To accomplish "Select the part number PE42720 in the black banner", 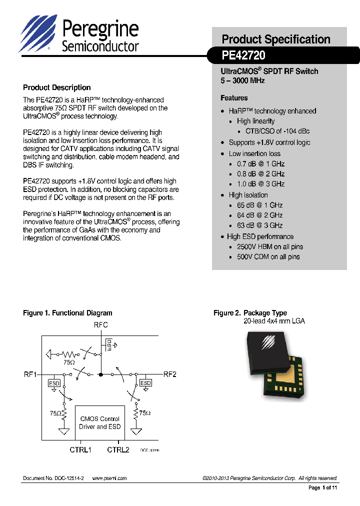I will tap(243, 55).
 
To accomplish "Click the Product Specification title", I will tap(275, 39).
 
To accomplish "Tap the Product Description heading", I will tap(57, 87).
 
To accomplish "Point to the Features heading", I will tap(234, 98).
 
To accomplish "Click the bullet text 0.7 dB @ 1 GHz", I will tap(260, 164).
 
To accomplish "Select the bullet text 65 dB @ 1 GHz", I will tap(259, 205).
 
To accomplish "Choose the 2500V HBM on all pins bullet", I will tap(269, 246).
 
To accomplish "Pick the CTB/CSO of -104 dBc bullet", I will tap(277, 131).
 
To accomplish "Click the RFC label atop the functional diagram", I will tap(100, 325).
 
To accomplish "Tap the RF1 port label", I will tap(30, 374).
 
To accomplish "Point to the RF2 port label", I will tap(170, 374).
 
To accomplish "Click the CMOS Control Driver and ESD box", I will tap(99, 423).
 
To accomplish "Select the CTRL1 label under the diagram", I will tap(80, 450).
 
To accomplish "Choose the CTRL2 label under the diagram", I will tap(118, 450).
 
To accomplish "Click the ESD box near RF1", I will tap(54, 383).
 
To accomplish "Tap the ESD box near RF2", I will tap(145, 383).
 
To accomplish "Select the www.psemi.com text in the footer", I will tap(109, 478).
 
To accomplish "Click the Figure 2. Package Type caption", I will tap(250, 313).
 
